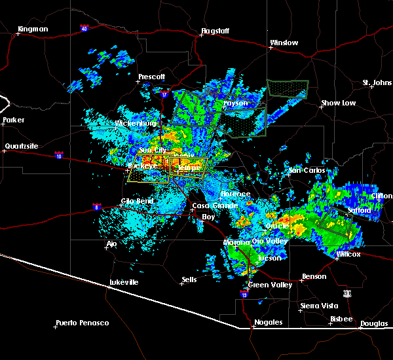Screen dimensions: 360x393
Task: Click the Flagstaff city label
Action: (215, 31)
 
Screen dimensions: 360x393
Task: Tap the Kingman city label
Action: (33, 29)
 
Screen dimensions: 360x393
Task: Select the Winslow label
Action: (284, 43)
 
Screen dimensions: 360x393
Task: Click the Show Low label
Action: (338, 103)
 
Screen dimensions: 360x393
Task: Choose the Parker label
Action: (13, 120)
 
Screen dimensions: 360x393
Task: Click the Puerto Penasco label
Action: (82, 323)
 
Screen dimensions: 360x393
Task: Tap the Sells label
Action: (189, 279)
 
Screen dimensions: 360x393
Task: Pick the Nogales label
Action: (269, 322)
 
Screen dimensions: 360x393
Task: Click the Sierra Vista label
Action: (318, 306)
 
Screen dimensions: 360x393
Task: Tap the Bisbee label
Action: (341, 319)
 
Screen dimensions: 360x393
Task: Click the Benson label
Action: (314, 276)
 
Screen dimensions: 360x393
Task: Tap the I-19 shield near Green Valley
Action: (245, 295)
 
